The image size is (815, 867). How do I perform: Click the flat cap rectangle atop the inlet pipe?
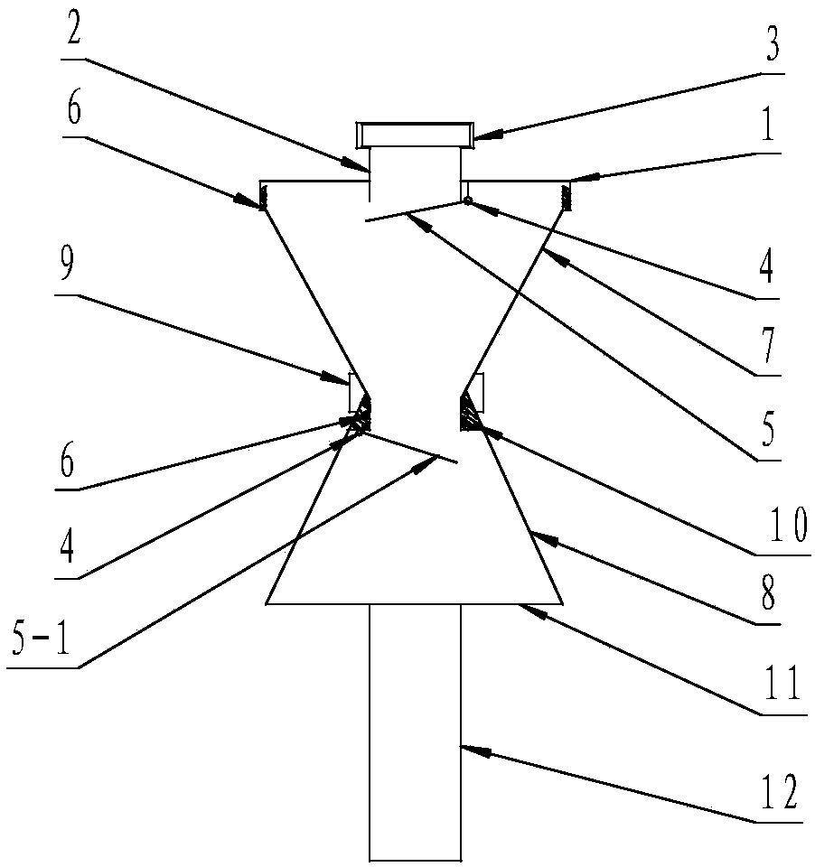[415, 135]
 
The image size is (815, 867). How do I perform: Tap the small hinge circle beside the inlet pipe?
[468, 200]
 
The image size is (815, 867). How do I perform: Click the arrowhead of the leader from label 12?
[465, 746]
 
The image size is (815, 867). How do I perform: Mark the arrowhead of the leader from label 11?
[524, 609]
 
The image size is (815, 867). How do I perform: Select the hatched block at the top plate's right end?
[568, 194]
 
